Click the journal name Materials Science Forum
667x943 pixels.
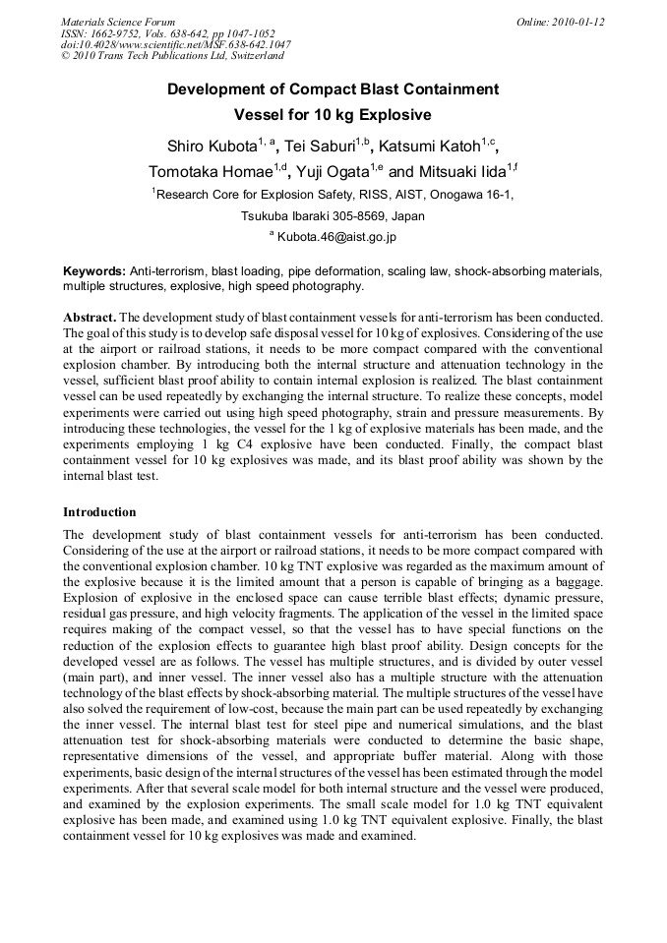(118, 22)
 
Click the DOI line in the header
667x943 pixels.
(175, 45)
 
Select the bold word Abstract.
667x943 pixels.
(91, 319)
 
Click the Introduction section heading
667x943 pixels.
(99, 512)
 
